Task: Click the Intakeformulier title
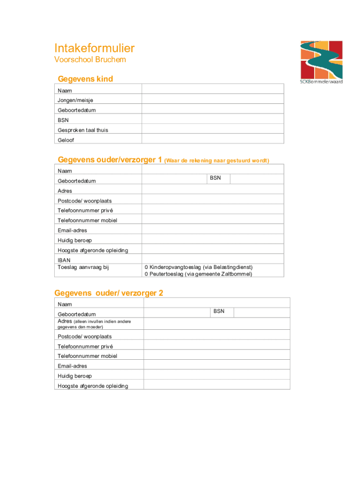click(x=94, y=48)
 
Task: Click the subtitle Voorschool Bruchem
click(x=90, y=60)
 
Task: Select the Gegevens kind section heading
click(x=85, y=79)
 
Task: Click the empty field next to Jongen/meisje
click(x=213, y=100)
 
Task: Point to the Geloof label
click(x=66, y=140)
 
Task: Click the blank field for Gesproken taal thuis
click(x=213, y=130)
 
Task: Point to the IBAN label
click(x=64, y=260)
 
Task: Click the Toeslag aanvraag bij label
click(x=83, y=267)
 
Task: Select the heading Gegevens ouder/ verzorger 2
click(x=108, y=293)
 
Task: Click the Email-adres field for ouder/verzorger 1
click(x=213, y=230)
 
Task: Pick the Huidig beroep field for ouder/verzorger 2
click(x=216, y=375)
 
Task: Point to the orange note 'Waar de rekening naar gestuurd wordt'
click(x=217, y=161)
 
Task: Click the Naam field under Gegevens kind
click(x=213, y=89)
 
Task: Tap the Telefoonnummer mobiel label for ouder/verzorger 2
click(x=87, y=356)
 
